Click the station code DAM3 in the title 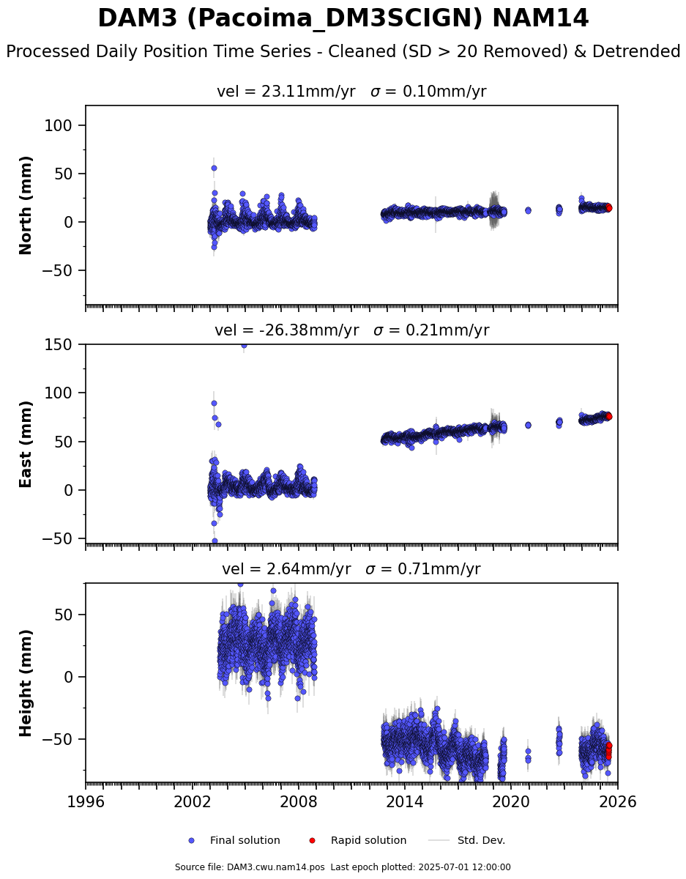138,18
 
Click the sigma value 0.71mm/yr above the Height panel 439,568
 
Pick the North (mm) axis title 26,206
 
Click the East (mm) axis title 26,445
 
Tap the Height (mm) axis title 26,683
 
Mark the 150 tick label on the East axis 58,345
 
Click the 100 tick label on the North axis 58,125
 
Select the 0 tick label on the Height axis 68,677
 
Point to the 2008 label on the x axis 299,801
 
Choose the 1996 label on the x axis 86,801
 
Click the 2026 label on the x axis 618,801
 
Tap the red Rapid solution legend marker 312,841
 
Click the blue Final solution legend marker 192,841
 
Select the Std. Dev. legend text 482,841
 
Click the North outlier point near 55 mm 214,168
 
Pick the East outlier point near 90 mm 214,404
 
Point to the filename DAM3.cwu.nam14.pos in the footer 276,867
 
